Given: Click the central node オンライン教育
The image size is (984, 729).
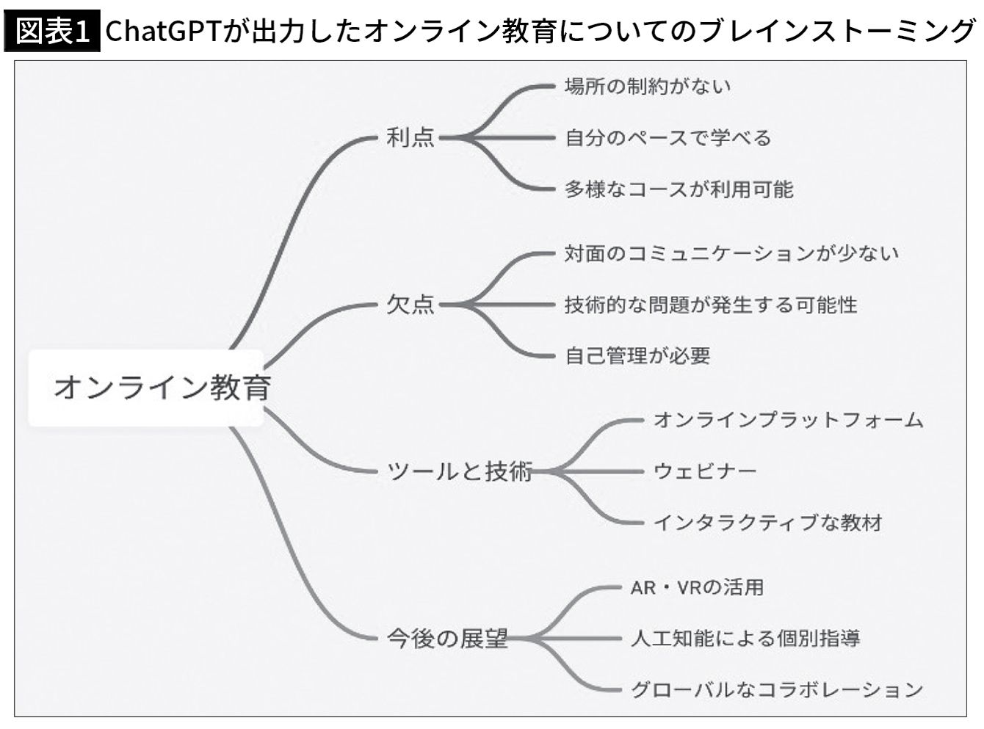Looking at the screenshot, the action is (x=162, y=388).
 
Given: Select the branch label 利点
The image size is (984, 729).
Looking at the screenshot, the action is (x=410, y=137).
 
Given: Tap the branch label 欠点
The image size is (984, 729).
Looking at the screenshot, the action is (x=410, y=305).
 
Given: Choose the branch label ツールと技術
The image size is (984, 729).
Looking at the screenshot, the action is (x=459, y=471).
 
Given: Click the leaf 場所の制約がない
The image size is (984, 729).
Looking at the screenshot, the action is (x=648, y=86).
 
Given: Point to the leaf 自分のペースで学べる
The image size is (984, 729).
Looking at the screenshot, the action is (x=668, y=137).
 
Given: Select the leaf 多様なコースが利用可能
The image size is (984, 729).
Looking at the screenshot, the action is (x=679, y=189).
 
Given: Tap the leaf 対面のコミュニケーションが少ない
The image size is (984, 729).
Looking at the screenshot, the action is (x=731, y=253).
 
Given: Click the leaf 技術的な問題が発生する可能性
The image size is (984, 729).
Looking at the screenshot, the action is (x=711, y=305).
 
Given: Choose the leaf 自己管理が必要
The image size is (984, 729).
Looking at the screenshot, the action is (x=637, y=356).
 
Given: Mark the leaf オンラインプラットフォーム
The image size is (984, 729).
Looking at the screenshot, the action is (x=789, y=420).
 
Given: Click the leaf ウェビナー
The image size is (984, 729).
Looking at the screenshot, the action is (x=705, y=471).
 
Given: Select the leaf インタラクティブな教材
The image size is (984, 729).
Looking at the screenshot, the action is (x=768, y=523).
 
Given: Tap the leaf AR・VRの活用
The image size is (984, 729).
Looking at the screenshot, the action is (x=697, y=587).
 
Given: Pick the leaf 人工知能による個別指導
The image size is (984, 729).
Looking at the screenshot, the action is (x=745, y=639).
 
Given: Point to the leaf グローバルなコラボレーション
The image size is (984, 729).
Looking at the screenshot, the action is (x=776, y=690).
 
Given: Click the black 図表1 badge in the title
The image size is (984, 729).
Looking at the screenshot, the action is (x=52, y=31).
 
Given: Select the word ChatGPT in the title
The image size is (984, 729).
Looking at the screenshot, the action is (x=164, y=31).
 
